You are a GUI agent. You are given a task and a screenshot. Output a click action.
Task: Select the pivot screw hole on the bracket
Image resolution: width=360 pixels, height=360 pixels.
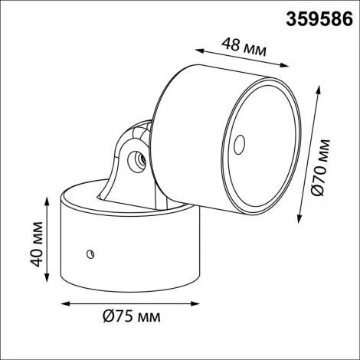139,160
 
